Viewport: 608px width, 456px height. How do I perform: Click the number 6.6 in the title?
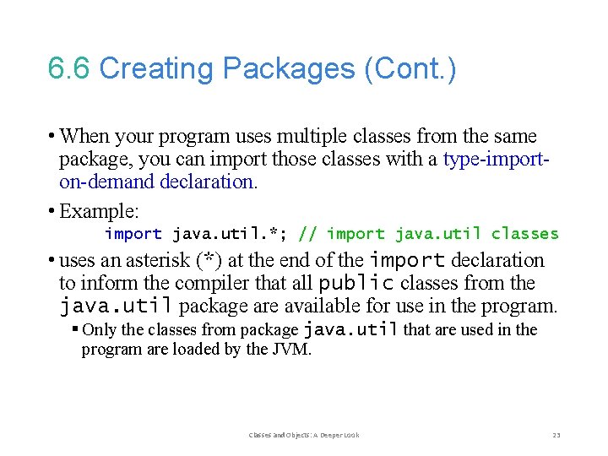(x=69, y=69)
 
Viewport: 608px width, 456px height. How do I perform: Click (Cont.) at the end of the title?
(x=410, y=69)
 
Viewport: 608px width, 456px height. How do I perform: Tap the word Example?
(x=100, y=210)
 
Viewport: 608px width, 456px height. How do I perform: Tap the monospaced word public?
(x=356, y=283)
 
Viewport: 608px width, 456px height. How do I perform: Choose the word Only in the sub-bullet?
(x=99, y=330)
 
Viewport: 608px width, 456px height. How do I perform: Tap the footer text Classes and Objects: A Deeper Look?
(x=304, y=435)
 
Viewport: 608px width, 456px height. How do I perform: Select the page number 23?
(x=556, y=435)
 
